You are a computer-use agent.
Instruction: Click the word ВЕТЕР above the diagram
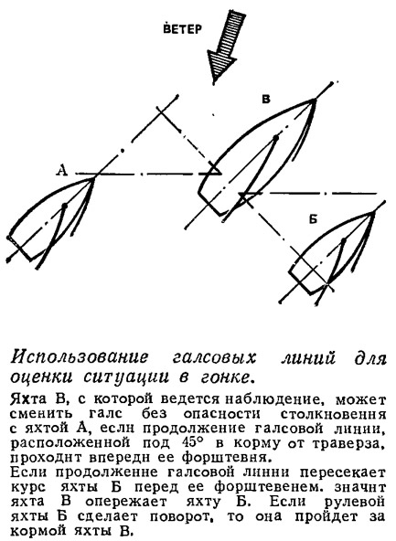pos(182,29)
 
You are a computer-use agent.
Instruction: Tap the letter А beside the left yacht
pos(62,170)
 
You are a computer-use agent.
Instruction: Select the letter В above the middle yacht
pos(266,100)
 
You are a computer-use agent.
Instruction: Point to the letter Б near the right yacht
pos(313,219)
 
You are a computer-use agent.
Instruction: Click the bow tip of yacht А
pos(94,177)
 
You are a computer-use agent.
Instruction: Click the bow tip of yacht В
pos(314,100)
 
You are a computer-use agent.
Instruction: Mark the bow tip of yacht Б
pos(374,212)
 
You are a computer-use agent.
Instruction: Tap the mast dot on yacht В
pos(275,138)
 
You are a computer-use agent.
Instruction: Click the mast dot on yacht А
pos(64,207)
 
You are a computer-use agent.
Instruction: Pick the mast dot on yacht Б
pos(344,240)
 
